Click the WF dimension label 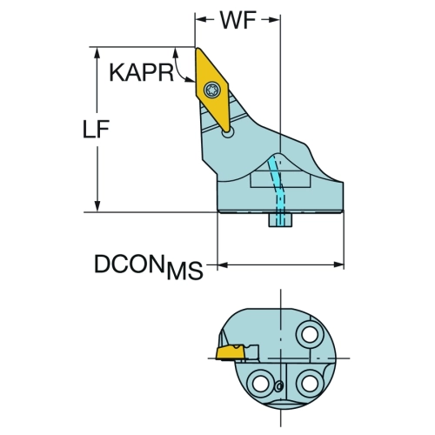click(x=238, y=20)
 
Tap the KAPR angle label click(x=141, y=72)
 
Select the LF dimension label click(x=96, y=129)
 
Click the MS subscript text click(x=184, y=271)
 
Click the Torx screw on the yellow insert click(x=212, y=90)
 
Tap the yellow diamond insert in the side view click(x=212, y=90)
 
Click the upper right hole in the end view click(x=310, y=335)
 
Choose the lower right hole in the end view click(x=310, y=384)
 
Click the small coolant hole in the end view click(x=278, y=386)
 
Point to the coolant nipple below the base click(x=280, y=220)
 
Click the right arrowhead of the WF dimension click(x=273, y=20)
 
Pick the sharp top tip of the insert click(x=197, y=48)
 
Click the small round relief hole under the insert click(x=228, y=133)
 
